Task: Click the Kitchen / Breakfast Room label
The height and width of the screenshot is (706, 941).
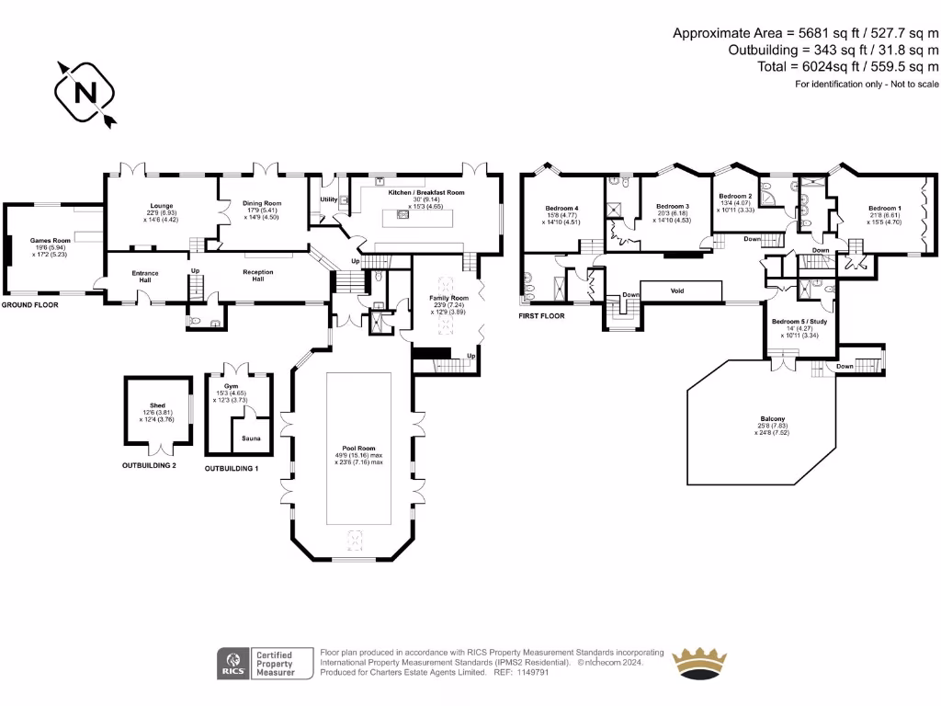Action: [426, 193]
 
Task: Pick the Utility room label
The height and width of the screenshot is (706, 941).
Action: [328, 199]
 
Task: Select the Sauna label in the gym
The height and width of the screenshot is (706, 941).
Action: [251, 438]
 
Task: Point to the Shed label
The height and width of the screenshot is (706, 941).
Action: [157, 405]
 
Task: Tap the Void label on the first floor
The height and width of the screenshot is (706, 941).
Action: [677, 290]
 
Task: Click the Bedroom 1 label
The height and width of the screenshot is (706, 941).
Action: [885, 209]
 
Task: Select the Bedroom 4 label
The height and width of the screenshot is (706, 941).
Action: [561, 208]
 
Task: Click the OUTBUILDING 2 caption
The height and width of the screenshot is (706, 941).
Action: [149, 466]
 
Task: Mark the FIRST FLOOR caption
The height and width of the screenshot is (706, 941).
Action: [540, 315]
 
